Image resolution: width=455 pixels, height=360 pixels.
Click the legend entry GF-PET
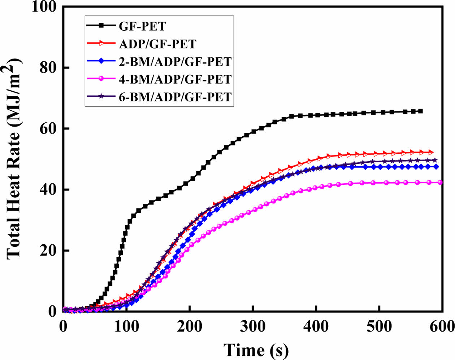(142, 26)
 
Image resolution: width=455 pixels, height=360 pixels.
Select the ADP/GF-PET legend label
(157, 44)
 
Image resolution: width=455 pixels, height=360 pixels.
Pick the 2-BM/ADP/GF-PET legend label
(175, 61)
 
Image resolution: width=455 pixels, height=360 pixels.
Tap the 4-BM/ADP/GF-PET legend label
(175, 79)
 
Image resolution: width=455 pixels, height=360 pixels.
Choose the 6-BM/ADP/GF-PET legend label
(175, 97)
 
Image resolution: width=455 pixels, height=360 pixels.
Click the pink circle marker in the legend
(102, 79)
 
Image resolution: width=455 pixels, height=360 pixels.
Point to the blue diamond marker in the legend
(102, 61)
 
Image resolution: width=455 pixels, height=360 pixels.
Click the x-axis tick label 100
(126, 326)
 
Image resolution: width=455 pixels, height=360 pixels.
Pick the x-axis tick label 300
(253, 326)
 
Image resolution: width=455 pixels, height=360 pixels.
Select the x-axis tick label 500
(379, 326)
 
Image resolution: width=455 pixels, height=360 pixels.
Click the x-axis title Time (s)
(256, 349)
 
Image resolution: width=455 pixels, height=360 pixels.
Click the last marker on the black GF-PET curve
(420, 111)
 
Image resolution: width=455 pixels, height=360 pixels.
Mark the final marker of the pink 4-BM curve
(440, 183)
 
